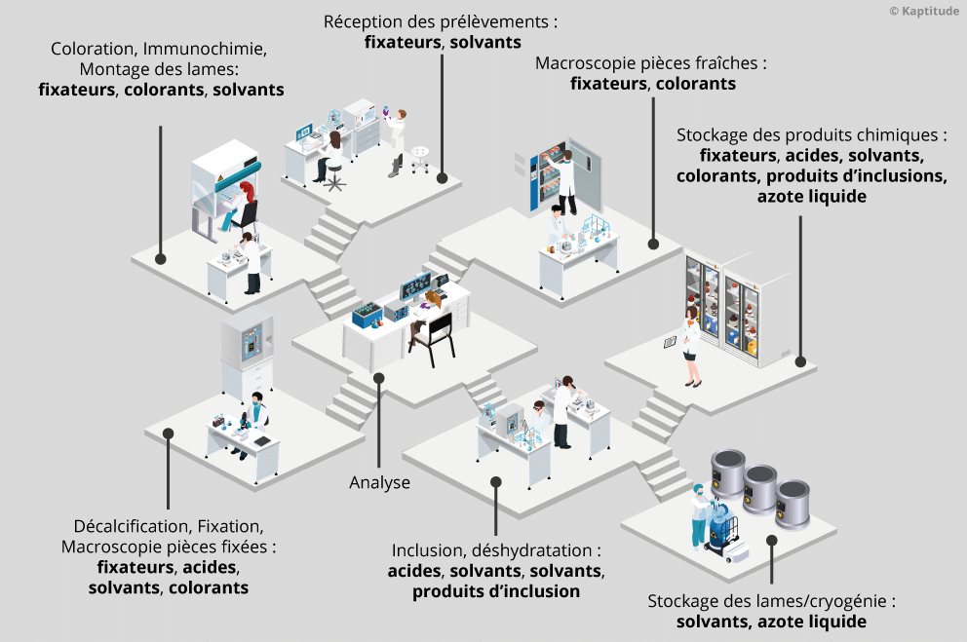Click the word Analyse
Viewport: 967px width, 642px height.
coord(379,482)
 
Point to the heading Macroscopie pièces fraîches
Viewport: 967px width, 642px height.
coord(651,62)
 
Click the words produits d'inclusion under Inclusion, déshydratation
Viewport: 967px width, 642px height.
coord(496,591)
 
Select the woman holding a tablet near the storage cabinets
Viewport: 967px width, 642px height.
coord(691,343)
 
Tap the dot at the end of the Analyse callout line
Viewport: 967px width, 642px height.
coord(379,378)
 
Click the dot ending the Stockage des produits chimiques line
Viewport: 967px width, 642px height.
coord(800,362)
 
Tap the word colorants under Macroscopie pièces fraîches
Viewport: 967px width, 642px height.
coord(695,84)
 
